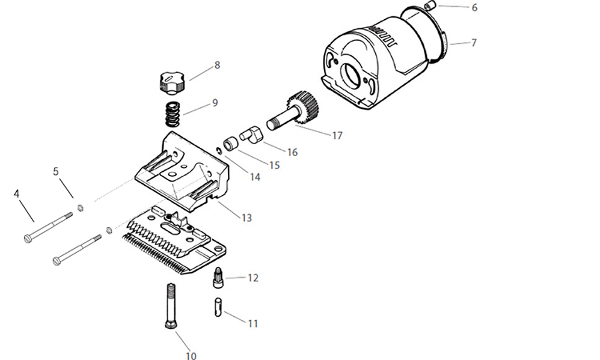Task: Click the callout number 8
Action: pyautogui.click(x=217, y=65)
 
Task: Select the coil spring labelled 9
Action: pyautogui.click(x=173, y=114)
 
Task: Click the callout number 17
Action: pyautogui.click(x=337, y=136)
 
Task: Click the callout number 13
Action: pyautogui.click(x=246, y=218)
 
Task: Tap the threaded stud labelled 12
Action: pyautogui.click(x=218, y=278)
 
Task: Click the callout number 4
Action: pyautogui.click(x=17, y=194)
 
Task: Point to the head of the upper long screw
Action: pyautogui.click(x=28, y=239)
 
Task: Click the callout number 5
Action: pyautogui.click(x=56, y=171)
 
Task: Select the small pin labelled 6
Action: pyautogui.click(x=430, y=6)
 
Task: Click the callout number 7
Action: pyautogui.click(x=474, y=43)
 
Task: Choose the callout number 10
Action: pyautogui.click(x=191, y=356)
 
